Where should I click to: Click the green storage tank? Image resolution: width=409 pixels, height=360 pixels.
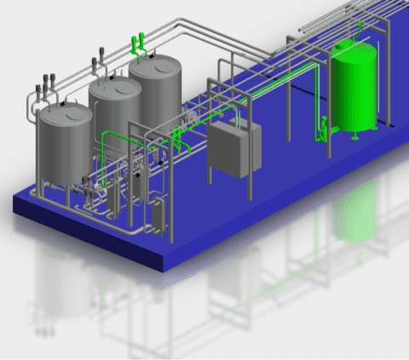[x=354, y=89]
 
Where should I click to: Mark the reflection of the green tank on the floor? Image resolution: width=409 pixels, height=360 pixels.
[x=354, y=213]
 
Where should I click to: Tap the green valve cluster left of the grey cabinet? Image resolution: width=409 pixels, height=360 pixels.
[x=177, y=134]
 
